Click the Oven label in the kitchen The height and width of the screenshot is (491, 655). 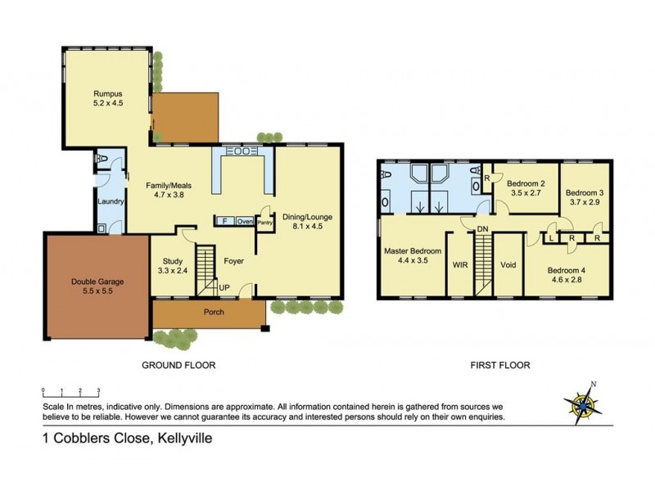[245, 221]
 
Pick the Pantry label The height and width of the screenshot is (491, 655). [264, 221]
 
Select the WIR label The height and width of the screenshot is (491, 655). [459, 265]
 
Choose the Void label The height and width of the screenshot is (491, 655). [508, 265]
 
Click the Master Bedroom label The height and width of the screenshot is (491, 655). [413, 250]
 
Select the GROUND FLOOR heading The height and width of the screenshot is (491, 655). [178, 365]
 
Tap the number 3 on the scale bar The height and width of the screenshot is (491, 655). [98, 391]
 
